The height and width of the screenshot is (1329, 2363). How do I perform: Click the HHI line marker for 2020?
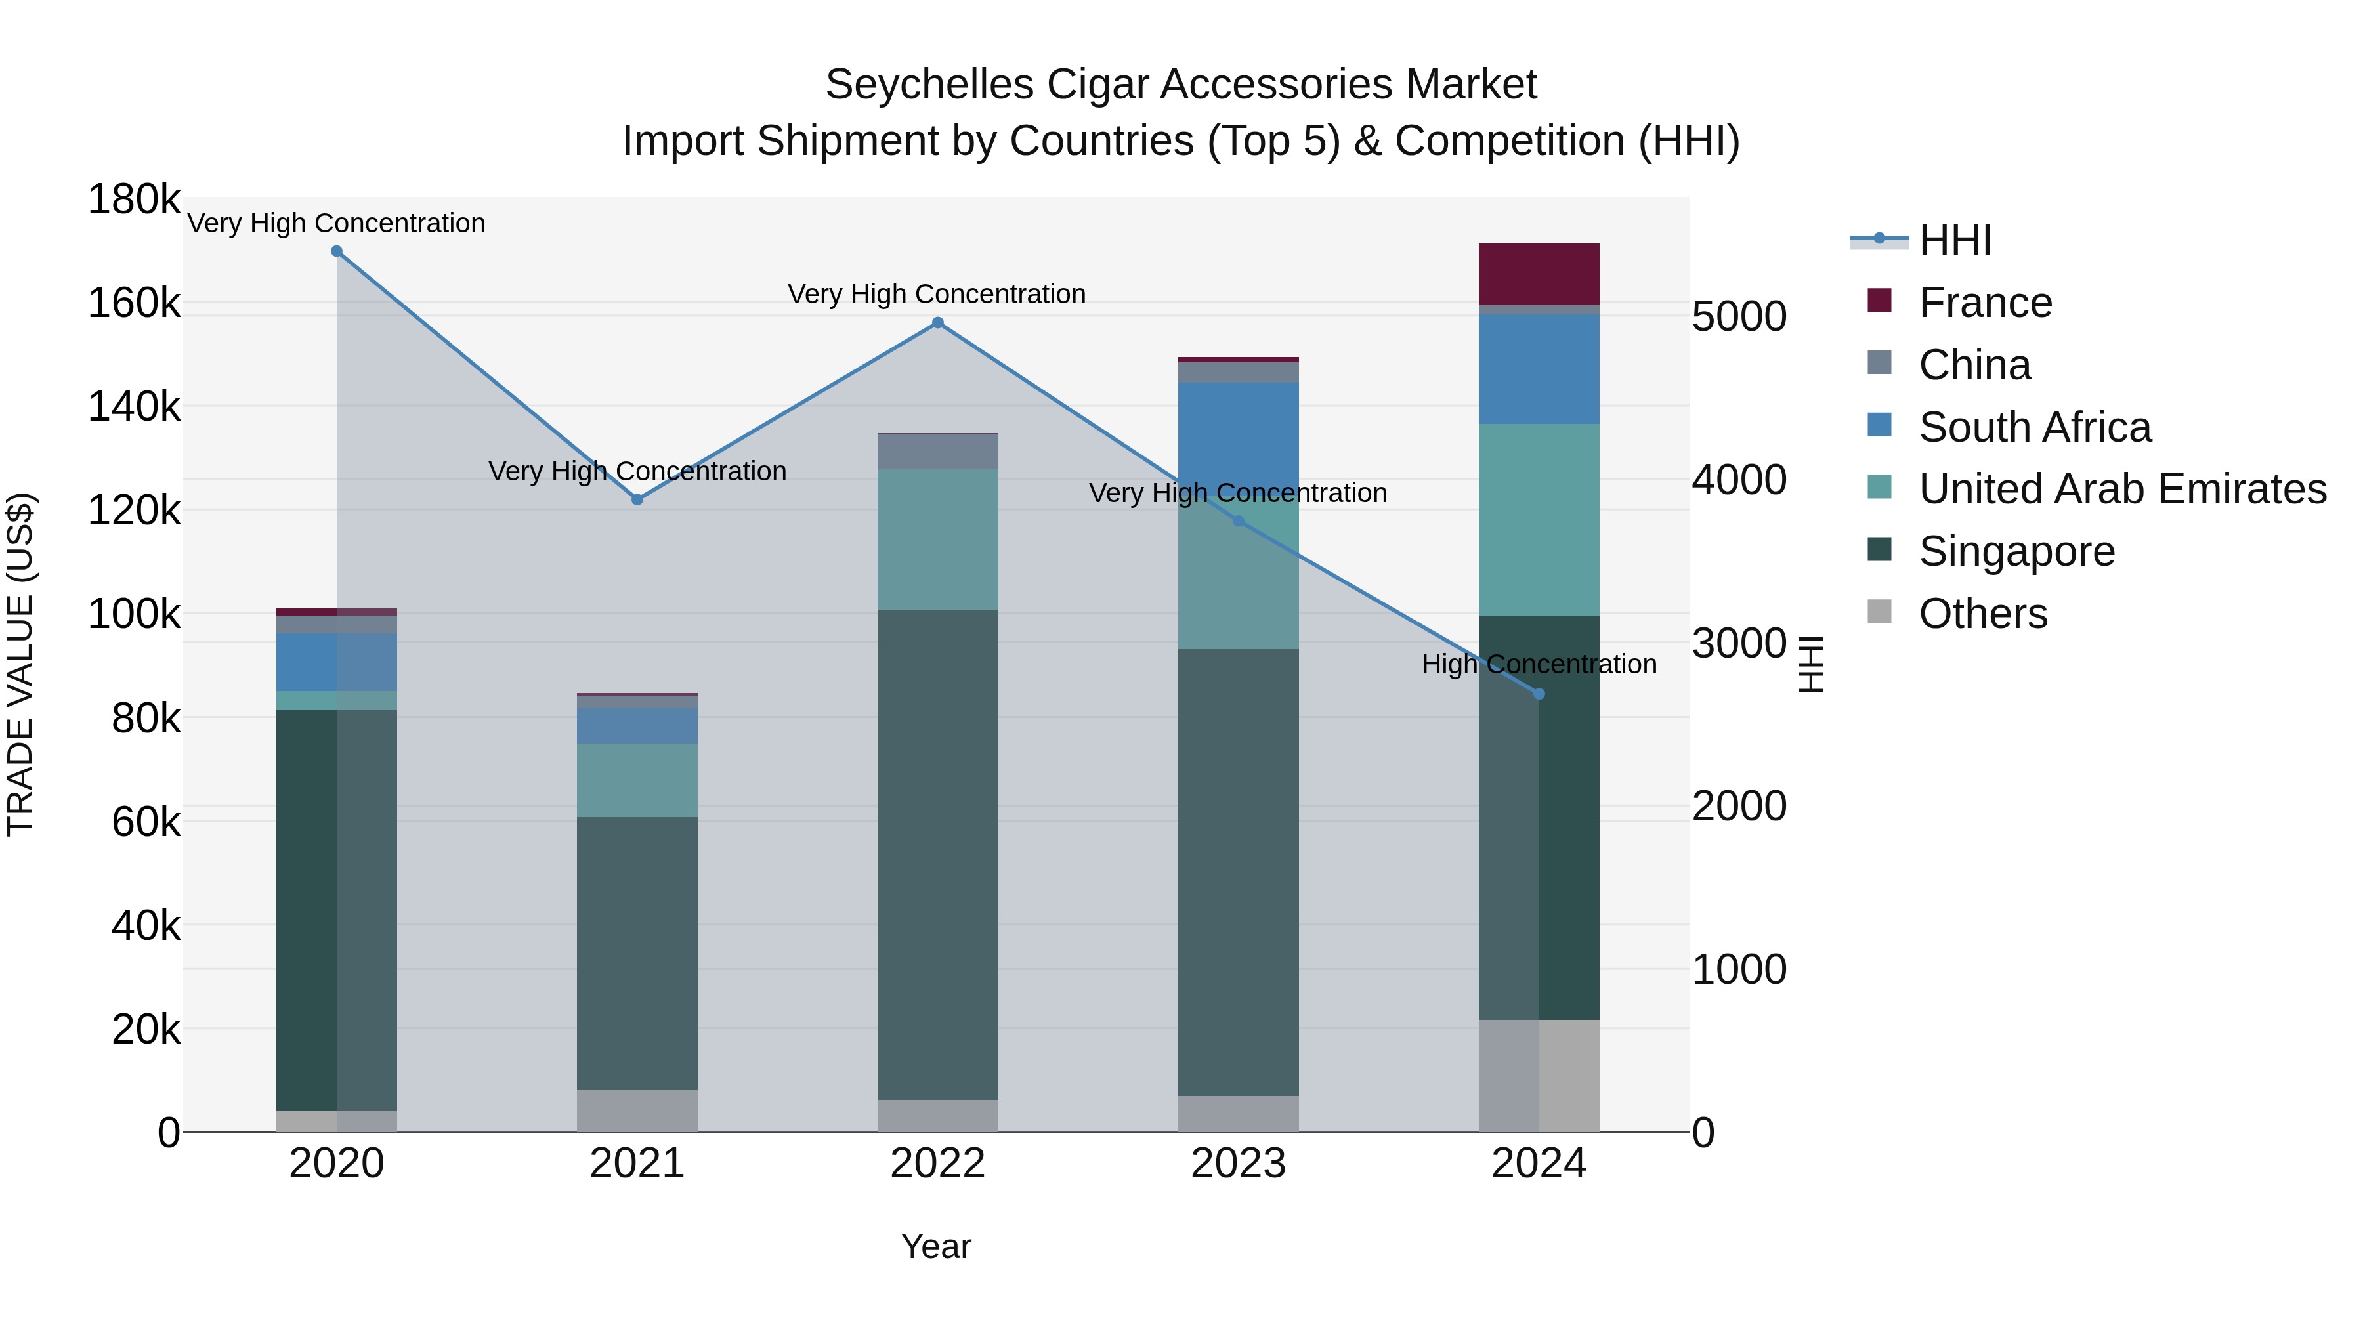coord(337,251)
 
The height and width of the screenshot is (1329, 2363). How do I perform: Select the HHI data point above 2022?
coord(937,323)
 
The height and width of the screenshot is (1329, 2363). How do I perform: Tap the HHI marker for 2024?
coord(1539,694)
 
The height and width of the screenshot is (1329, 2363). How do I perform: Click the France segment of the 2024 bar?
coord(1539,274)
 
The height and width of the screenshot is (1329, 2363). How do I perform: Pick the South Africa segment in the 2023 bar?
coord(1239,431)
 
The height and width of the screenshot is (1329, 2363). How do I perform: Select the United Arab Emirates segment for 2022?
coord(937,539)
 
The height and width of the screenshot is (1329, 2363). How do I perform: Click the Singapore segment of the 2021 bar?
coord(637,954)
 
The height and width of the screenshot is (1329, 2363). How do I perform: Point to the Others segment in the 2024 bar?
coord(1539,1076)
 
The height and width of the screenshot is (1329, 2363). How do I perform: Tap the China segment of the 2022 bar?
coord(937,452)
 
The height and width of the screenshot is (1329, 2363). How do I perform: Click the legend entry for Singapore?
coord(2016,551)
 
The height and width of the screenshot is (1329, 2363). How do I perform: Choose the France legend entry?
coord(1984,303)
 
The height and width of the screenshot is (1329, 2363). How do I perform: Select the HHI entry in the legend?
coord(1954,240)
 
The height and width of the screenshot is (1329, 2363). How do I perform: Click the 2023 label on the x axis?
coord(1239,1164)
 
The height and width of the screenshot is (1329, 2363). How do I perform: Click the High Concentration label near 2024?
coord(1539,664)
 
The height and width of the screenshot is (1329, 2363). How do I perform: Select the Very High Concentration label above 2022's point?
coord(937,295)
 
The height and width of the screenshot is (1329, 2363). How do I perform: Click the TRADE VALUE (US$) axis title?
coord(21,664)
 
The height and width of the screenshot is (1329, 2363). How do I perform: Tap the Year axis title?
coord(935,1246)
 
